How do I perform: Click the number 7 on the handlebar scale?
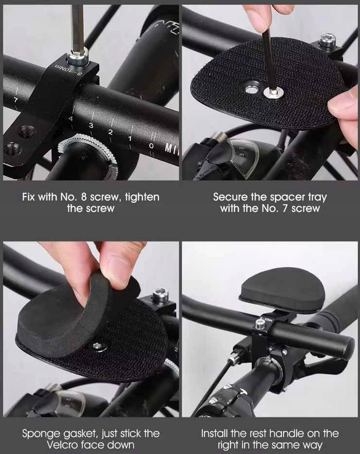tap(16, 100)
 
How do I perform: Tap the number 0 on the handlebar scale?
tap(151, 145)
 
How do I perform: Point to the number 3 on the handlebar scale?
tap(91, 126)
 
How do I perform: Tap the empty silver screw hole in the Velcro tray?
tap(251, 90)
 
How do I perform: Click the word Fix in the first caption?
tap(29, 197)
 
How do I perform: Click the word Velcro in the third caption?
tap(62, 445)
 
